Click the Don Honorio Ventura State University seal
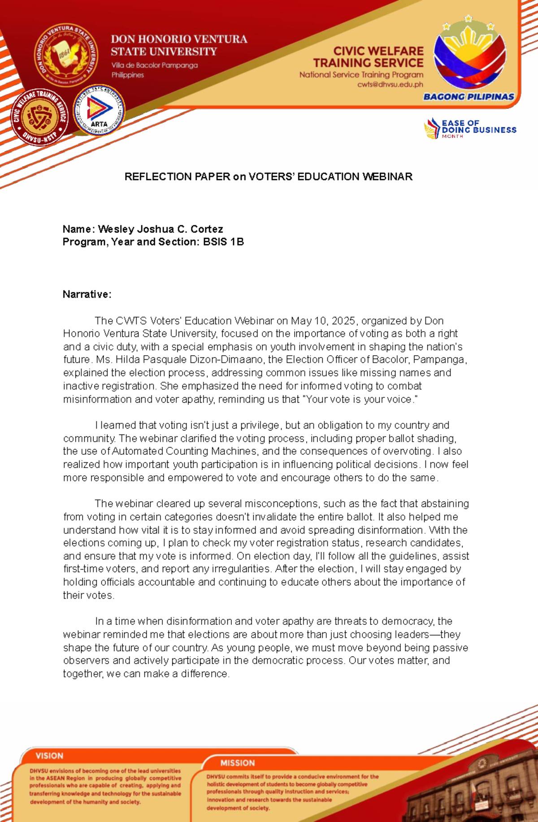click(x=66, y=55)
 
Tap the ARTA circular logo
click(x=99, y=110)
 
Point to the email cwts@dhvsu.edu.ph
click(x=390, y=84)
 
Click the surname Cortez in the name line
click(x=207, y=229)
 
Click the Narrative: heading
click(x=87, y=294)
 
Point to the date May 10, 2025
click(x=323, y=321)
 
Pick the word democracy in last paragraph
click(x=407, y=621)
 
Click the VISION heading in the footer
click(x=49, y=756)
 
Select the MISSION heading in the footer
click(x=237, y=763)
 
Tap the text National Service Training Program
click(x=361, y=75)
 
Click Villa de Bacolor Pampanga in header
click(x=154, y=65)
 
